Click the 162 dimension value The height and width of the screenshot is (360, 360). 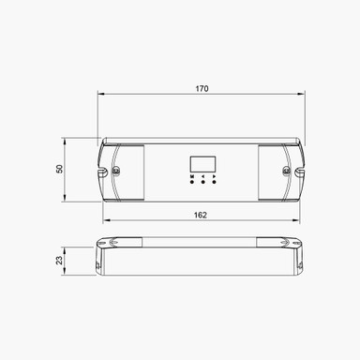point(202,215)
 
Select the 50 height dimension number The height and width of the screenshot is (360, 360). point(58,170)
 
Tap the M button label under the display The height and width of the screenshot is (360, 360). point(192,175)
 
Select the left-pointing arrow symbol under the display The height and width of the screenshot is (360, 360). point(202,175)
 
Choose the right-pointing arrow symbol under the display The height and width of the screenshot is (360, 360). point(214,175)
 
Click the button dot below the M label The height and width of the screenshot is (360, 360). point(192,183)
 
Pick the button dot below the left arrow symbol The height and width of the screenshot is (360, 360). point(202,183)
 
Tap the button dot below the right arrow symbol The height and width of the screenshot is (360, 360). point(214,183)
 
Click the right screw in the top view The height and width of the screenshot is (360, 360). point(288,171)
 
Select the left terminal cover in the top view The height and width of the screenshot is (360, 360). point(127,171)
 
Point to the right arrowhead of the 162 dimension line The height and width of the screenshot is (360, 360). point(300,222)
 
